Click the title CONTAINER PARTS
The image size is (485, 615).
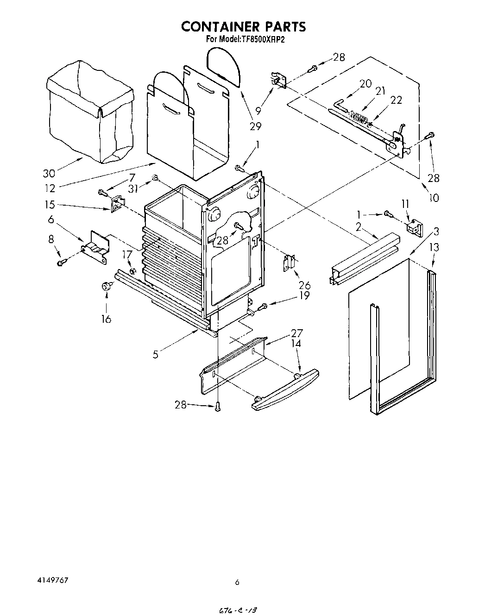point(243,26)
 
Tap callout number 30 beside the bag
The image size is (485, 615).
point(49,174)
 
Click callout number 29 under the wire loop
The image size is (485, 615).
point(255,126)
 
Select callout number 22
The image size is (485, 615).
point(396,100)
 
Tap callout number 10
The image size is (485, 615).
point(434,198)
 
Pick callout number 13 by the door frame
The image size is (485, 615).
point(434,248)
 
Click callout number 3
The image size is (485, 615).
point(436,232)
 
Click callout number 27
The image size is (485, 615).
point(296,333)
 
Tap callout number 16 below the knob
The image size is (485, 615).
point(106,319)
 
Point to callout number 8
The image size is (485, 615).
point(50,239)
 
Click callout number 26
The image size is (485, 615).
point(304,286)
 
